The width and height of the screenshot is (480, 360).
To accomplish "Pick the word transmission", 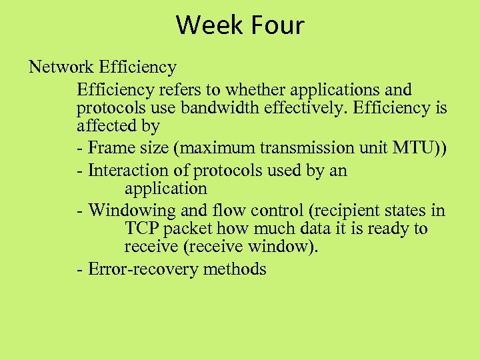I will click(295, 147).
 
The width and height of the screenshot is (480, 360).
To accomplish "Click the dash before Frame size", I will click(80, 148).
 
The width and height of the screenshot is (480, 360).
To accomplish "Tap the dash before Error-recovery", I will click(80, 270).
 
